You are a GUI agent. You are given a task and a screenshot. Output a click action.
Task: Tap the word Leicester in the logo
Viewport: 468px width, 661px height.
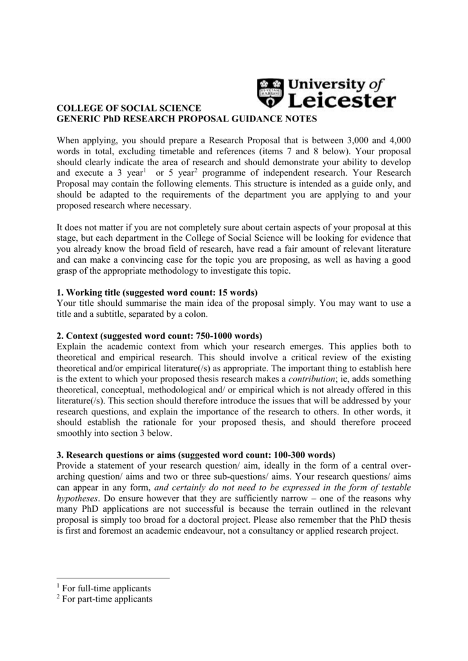tap(341, 101)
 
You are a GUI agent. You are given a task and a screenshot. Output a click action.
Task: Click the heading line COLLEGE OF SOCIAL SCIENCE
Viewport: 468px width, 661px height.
tap(129, 108)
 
